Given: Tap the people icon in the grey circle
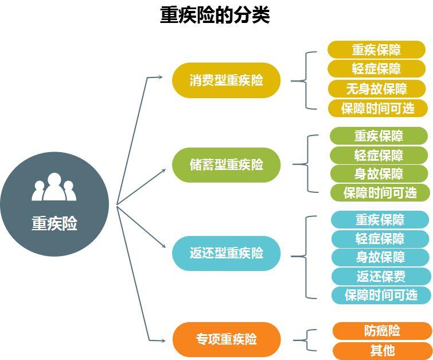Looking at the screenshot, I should coord(54,187).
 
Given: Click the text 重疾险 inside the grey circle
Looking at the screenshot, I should coord(54,223).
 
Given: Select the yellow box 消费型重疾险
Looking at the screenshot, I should coord(226,80).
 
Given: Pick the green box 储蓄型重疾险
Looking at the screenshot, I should coord(226,165).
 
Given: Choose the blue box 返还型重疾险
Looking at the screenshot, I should coord(226,253).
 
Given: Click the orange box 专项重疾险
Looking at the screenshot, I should coord(226,339).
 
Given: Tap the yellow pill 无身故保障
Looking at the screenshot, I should coord(376,88).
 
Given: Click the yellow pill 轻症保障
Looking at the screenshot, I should coord(376,69).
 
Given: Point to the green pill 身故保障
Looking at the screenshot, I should coord(379,174).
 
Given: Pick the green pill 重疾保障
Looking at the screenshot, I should coord(379,136).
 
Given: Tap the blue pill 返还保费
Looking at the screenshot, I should coord(380,276).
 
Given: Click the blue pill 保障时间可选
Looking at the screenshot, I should coord(380,295).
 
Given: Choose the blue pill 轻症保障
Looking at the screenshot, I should coord(380,238).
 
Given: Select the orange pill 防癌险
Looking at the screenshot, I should coord(382,331).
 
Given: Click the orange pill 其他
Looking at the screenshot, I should coord(382,350).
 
